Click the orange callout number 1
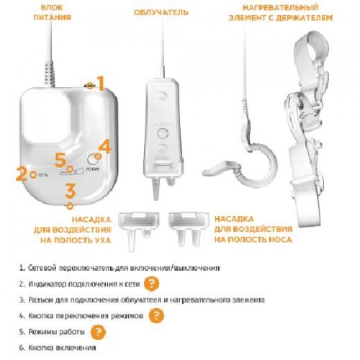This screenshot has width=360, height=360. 101,84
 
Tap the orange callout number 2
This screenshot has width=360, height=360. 21,174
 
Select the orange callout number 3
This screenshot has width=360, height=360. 71,191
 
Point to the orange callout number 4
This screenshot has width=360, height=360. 105,147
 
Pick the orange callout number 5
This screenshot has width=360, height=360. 60,161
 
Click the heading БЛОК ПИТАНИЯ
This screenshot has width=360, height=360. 52,12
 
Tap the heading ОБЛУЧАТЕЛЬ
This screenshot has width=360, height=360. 161,12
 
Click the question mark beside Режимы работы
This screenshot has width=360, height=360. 98,332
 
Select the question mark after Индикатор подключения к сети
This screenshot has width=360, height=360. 151,284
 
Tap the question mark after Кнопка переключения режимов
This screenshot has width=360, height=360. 156,315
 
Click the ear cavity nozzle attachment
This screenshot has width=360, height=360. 139,230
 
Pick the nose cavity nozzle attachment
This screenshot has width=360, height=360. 187,228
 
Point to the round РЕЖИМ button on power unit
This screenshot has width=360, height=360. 92,158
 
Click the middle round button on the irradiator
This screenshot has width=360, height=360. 163,132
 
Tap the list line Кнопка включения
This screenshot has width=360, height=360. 58,348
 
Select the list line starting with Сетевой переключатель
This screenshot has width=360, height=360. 120,268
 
